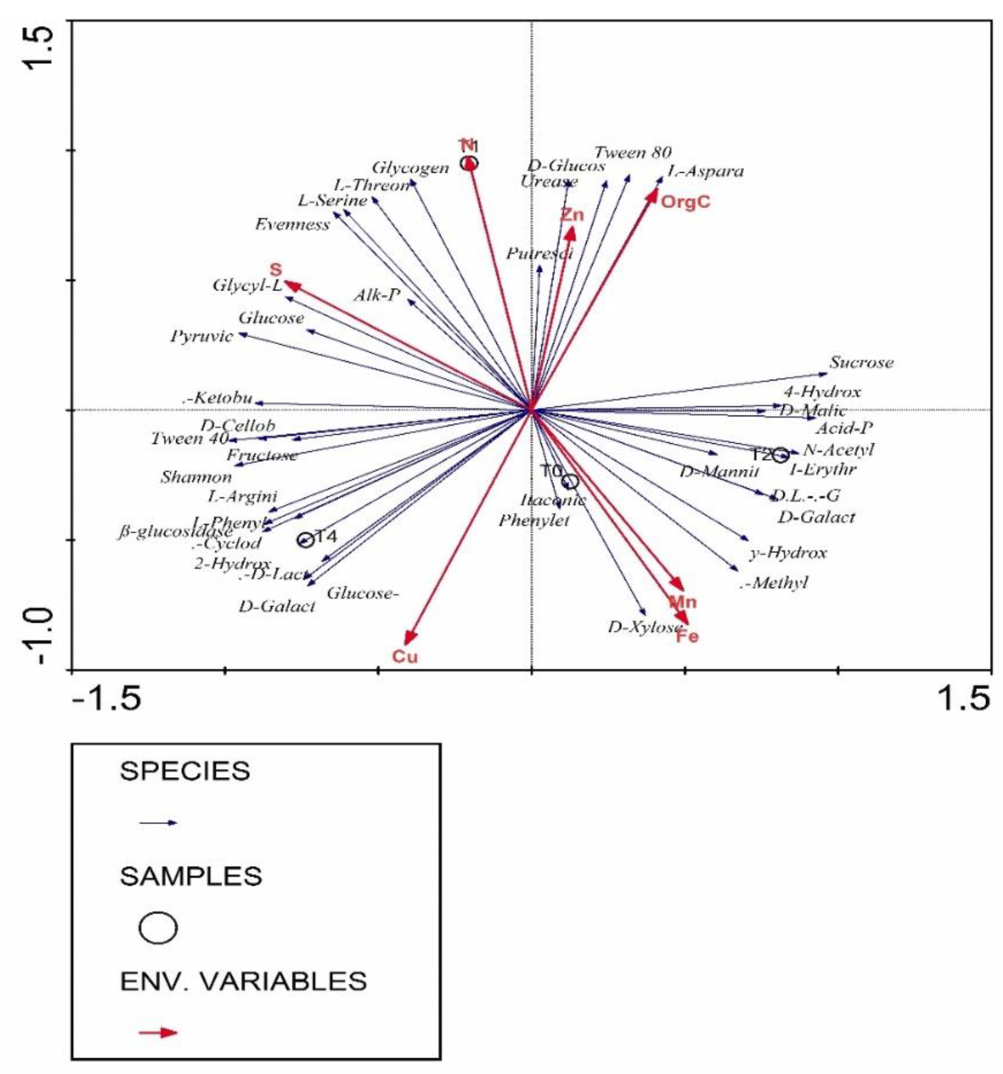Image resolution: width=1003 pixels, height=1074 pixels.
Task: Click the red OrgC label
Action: [x=685, y=203]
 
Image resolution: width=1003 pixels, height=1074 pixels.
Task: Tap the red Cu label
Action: [x=405, y=657]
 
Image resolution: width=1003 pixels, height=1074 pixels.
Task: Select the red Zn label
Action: [x=572, y=215]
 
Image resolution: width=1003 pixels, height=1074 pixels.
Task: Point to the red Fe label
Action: [x=687, y=637]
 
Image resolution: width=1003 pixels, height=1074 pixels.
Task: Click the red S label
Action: [x=275, y=269]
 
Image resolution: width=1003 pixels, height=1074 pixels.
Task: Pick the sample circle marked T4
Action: [x=306, y=540]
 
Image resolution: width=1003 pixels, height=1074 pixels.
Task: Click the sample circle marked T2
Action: [x=780, y=455]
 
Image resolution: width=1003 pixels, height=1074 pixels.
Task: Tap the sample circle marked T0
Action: [x=570, y=481]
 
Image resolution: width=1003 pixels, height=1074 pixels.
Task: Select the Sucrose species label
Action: [x=861, y=362]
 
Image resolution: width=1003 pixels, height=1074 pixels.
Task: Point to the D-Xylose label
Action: [x=645, y=627]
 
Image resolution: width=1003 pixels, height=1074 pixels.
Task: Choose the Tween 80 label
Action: [x=633, y=153]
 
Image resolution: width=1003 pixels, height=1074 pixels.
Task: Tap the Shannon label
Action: [x=196, y=478]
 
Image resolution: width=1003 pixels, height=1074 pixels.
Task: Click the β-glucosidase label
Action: [x=176, y=533]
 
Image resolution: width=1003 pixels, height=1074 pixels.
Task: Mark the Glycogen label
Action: [x=411, y=168]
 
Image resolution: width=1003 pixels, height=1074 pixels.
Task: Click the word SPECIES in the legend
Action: [x=185, y=771]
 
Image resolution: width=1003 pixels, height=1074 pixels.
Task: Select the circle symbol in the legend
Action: [x=158, y=928]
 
